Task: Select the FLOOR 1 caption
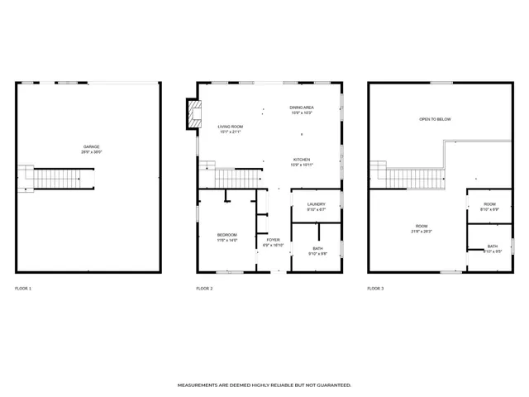point(23,289)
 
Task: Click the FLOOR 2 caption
point(204,289)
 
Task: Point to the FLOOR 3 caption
point(375,289)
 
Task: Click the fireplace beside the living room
point(193,115)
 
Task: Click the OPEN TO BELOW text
point(435,120)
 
